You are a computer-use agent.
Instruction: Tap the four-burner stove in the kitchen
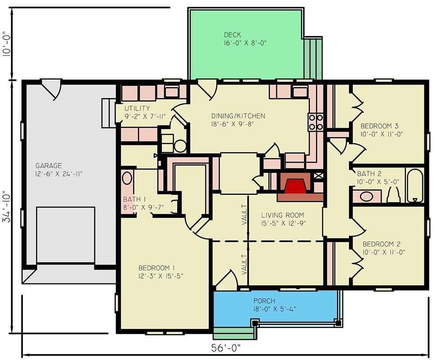click(x=316, y=122)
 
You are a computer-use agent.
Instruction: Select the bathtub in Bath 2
click(x=415, y=185)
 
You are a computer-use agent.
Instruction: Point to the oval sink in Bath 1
click(x=127, y=178)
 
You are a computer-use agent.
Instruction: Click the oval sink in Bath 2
click(x=366, y=197)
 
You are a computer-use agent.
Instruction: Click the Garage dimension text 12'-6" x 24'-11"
click(x=58, y=174)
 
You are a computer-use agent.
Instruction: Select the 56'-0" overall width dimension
click(x=226, y=348)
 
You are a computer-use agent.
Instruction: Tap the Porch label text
click(x=264, y=301)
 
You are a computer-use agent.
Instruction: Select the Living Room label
click(x=282, y=215)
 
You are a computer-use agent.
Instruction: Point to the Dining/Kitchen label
click(x=238, y=116)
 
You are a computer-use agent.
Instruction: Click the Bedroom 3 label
click(x=380, y=126)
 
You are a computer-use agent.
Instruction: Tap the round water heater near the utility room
click(x=180, y=146)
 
